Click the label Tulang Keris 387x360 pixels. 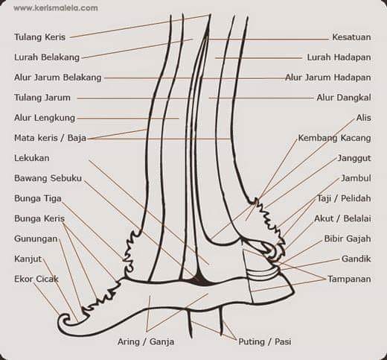click(39, 37)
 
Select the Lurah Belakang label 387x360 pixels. click(47, 57)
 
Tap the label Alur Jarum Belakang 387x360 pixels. click(58, 78)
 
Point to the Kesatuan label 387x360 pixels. click(351, 37)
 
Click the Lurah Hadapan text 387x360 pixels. click(339, 57)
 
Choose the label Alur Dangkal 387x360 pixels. click(344, 98)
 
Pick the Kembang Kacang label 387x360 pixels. click(334, 138)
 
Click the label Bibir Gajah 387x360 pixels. click(348, 239)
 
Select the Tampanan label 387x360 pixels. click(349, 279)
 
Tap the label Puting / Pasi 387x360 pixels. click(265, 342)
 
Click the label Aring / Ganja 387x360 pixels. click(146, 342)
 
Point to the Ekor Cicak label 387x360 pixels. click(36, 279)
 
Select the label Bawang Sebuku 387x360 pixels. click(48, 178)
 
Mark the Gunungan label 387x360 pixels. click(36, 239)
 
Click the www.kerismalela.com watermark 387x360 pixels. click(56, 8)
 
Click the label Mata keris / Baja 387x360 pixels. click(50, 138)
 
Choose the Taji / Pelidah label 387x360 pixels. click(344, 198)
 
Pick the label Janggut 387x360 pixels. click(354, 158)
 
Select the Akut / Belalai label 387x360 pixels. click(342, 218)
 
